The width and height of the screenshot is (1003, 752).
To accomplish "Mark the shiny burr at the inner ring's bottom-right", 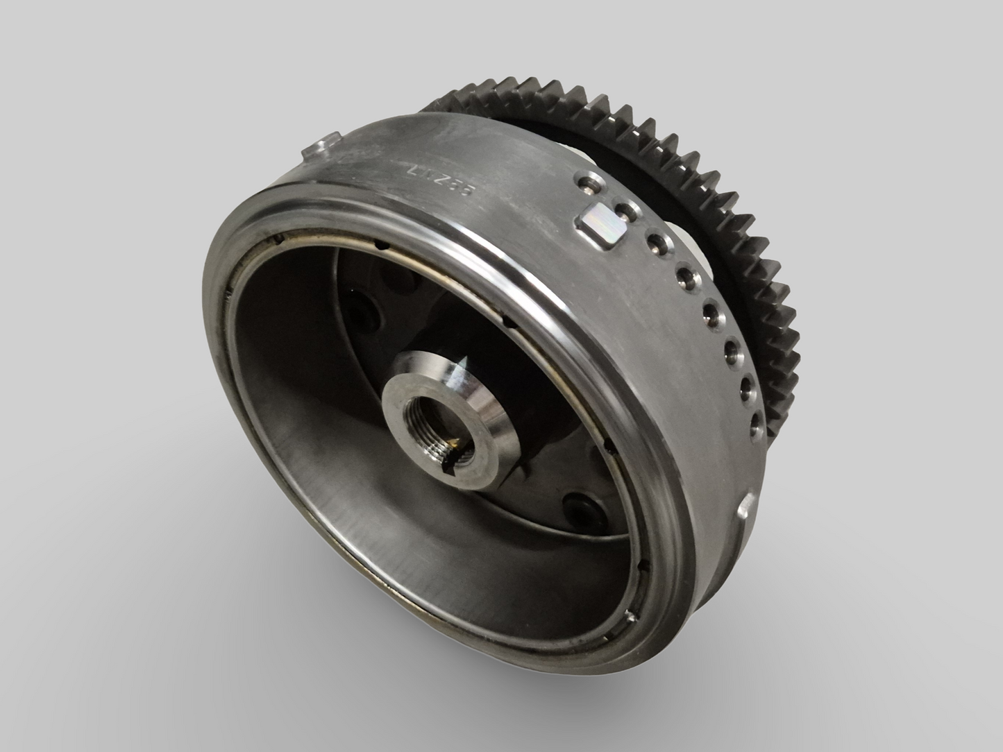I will [632, 616].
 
